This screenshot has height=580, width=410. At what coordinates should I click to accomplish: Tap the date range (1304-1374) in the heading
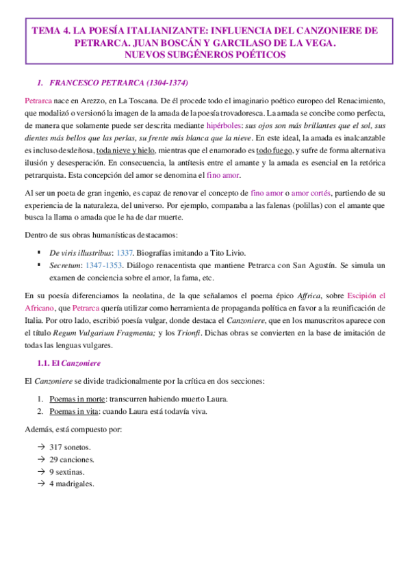click(x=162, y=83)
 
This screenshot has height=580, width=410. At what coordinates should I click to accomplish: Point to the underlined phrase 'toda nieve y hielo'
click(x=127, y=150)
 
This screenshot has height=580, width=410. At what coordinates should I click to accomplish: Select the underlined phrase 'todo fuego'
click(x=271, y=150)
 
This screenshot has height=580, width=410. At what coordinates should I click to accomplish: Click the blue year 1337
click(x=125, y=252)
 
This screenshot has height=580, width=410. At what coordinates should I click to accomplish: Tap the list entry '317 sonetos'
click(x=73, y=447)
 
